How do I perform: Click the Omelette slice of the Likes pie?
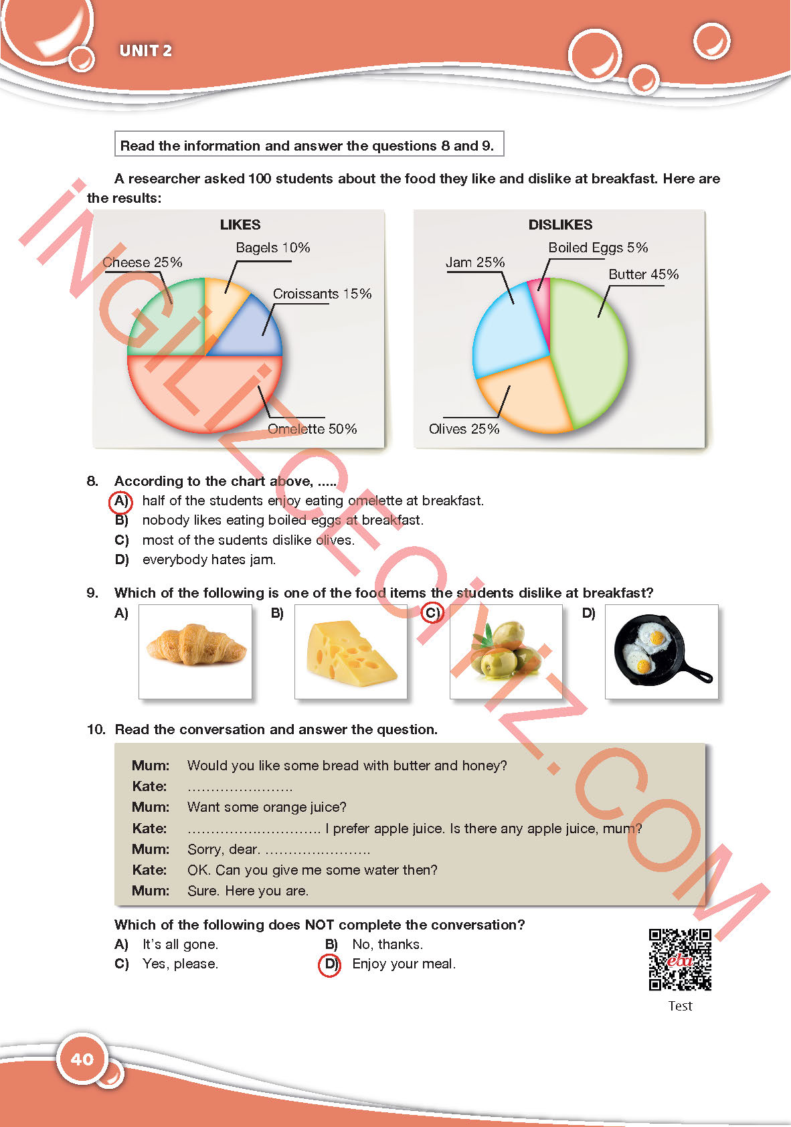pos(201,395)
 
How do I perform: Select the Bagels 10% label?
pos(272,248)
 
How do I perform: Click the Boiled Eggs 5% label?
pos(598,248)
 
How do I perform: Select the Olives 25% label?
pos(464,429)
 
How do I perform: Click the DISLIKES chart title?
pos(560,225)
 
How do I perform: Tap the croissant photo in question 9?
pos(195,651)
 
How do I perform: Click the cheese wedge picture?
pos(351,651)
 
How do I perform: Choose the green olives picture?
pos(506,651)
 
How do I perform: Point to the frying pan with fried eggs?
pos(661,651)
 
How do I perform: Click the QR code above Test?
pos(680,959)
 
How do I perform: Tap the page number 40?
pos(82,1059)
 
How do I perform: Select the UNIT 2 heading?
pos(145,51)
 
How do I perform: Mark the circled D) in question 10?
pos(329,964)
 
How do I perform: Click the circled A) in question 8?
pos(120,501)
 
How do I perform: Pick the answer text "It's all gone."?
pos(180,944)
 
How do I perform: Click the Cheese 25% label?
pos(143,262)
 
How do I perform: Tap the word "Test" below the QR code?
pos(680,1006)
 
